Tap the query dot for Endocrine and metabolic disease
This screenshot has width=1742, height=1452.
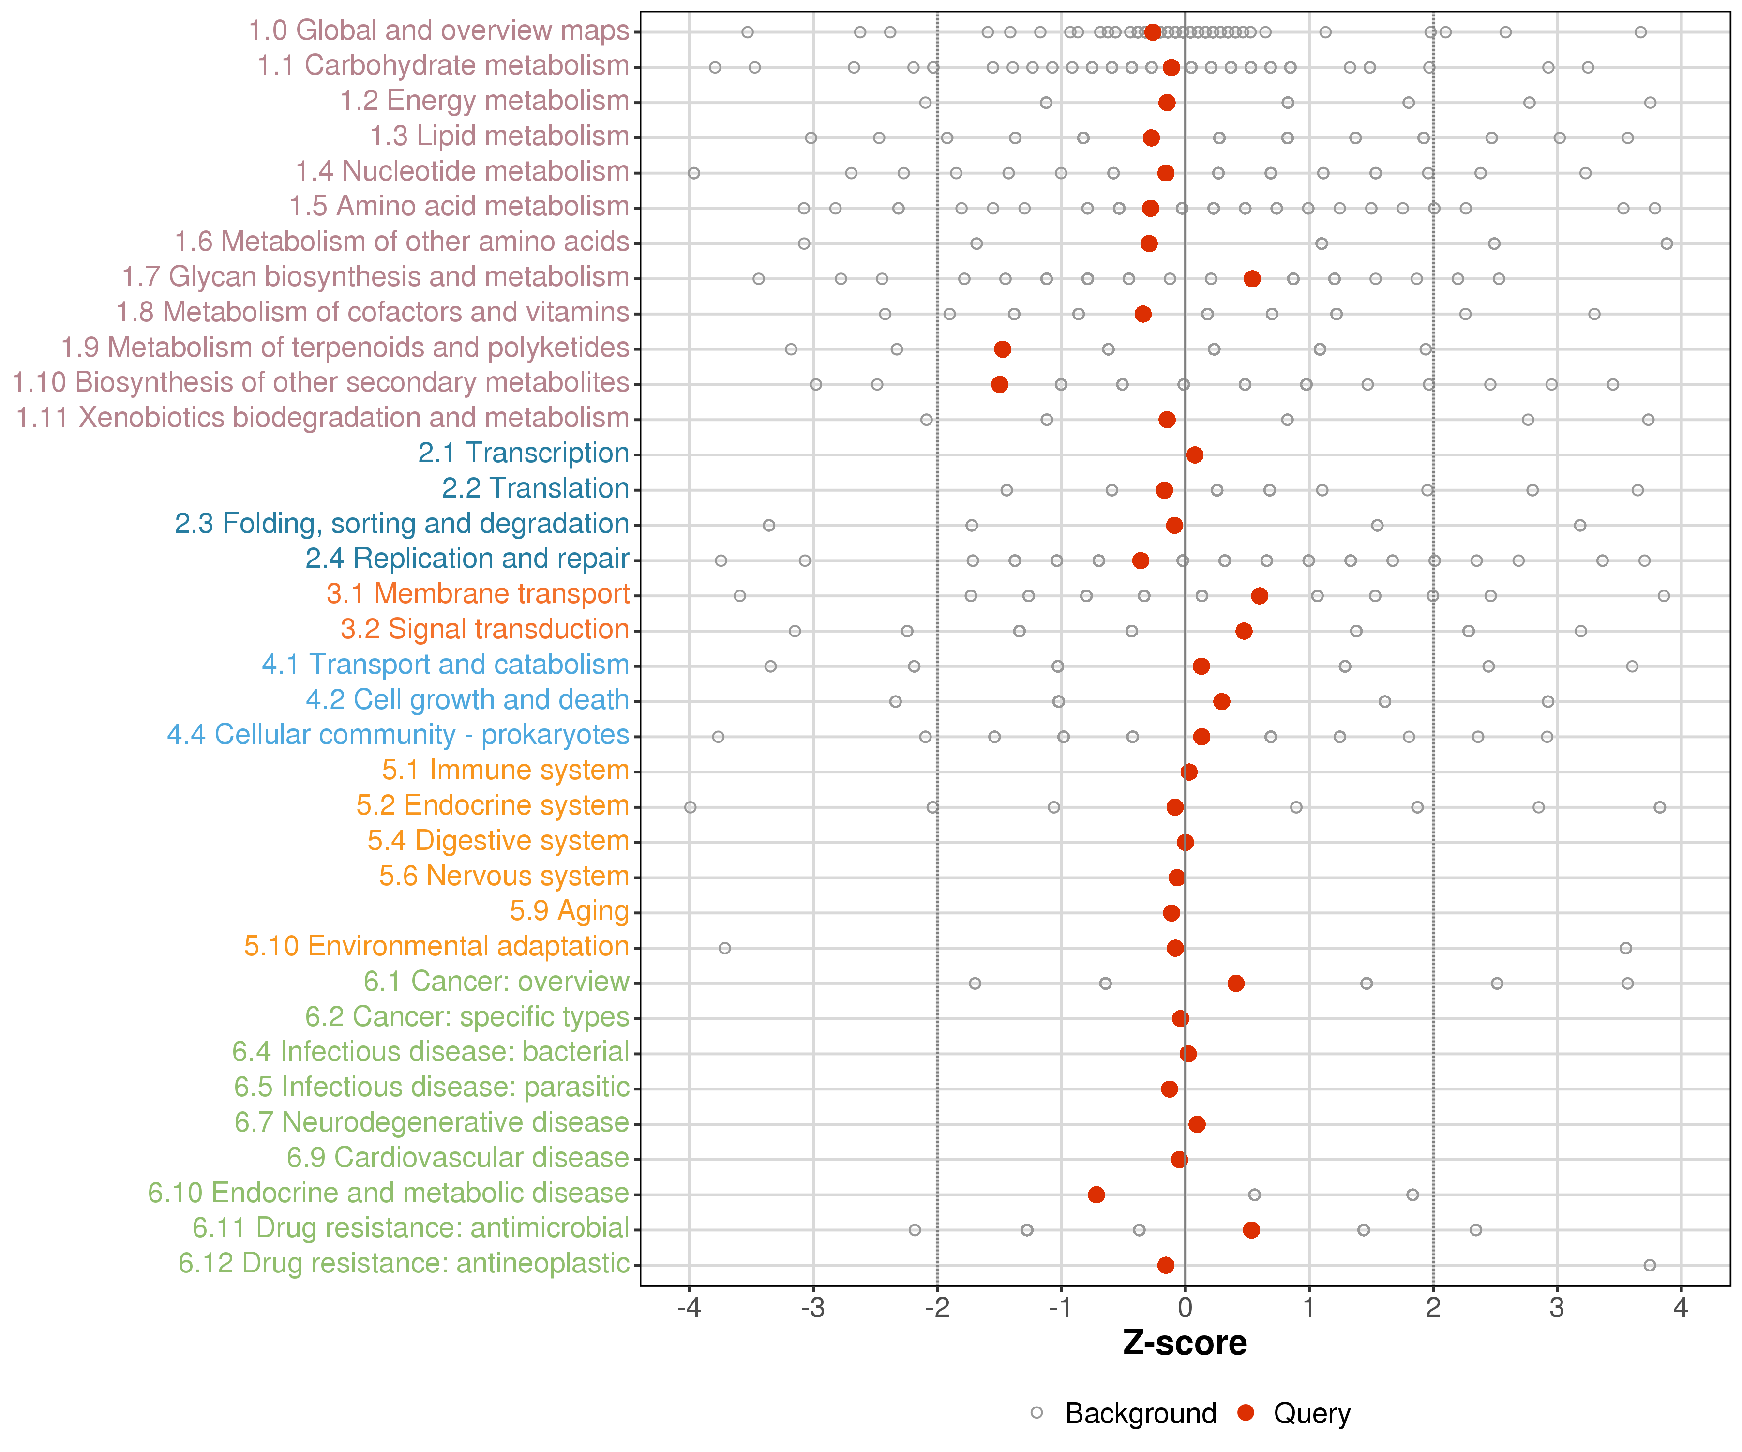(1096, 1195)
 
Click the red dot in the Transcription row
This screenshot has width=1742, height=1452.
(1195, 454)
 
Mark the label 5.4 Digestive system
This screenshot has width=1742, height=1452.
(498, 841)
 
